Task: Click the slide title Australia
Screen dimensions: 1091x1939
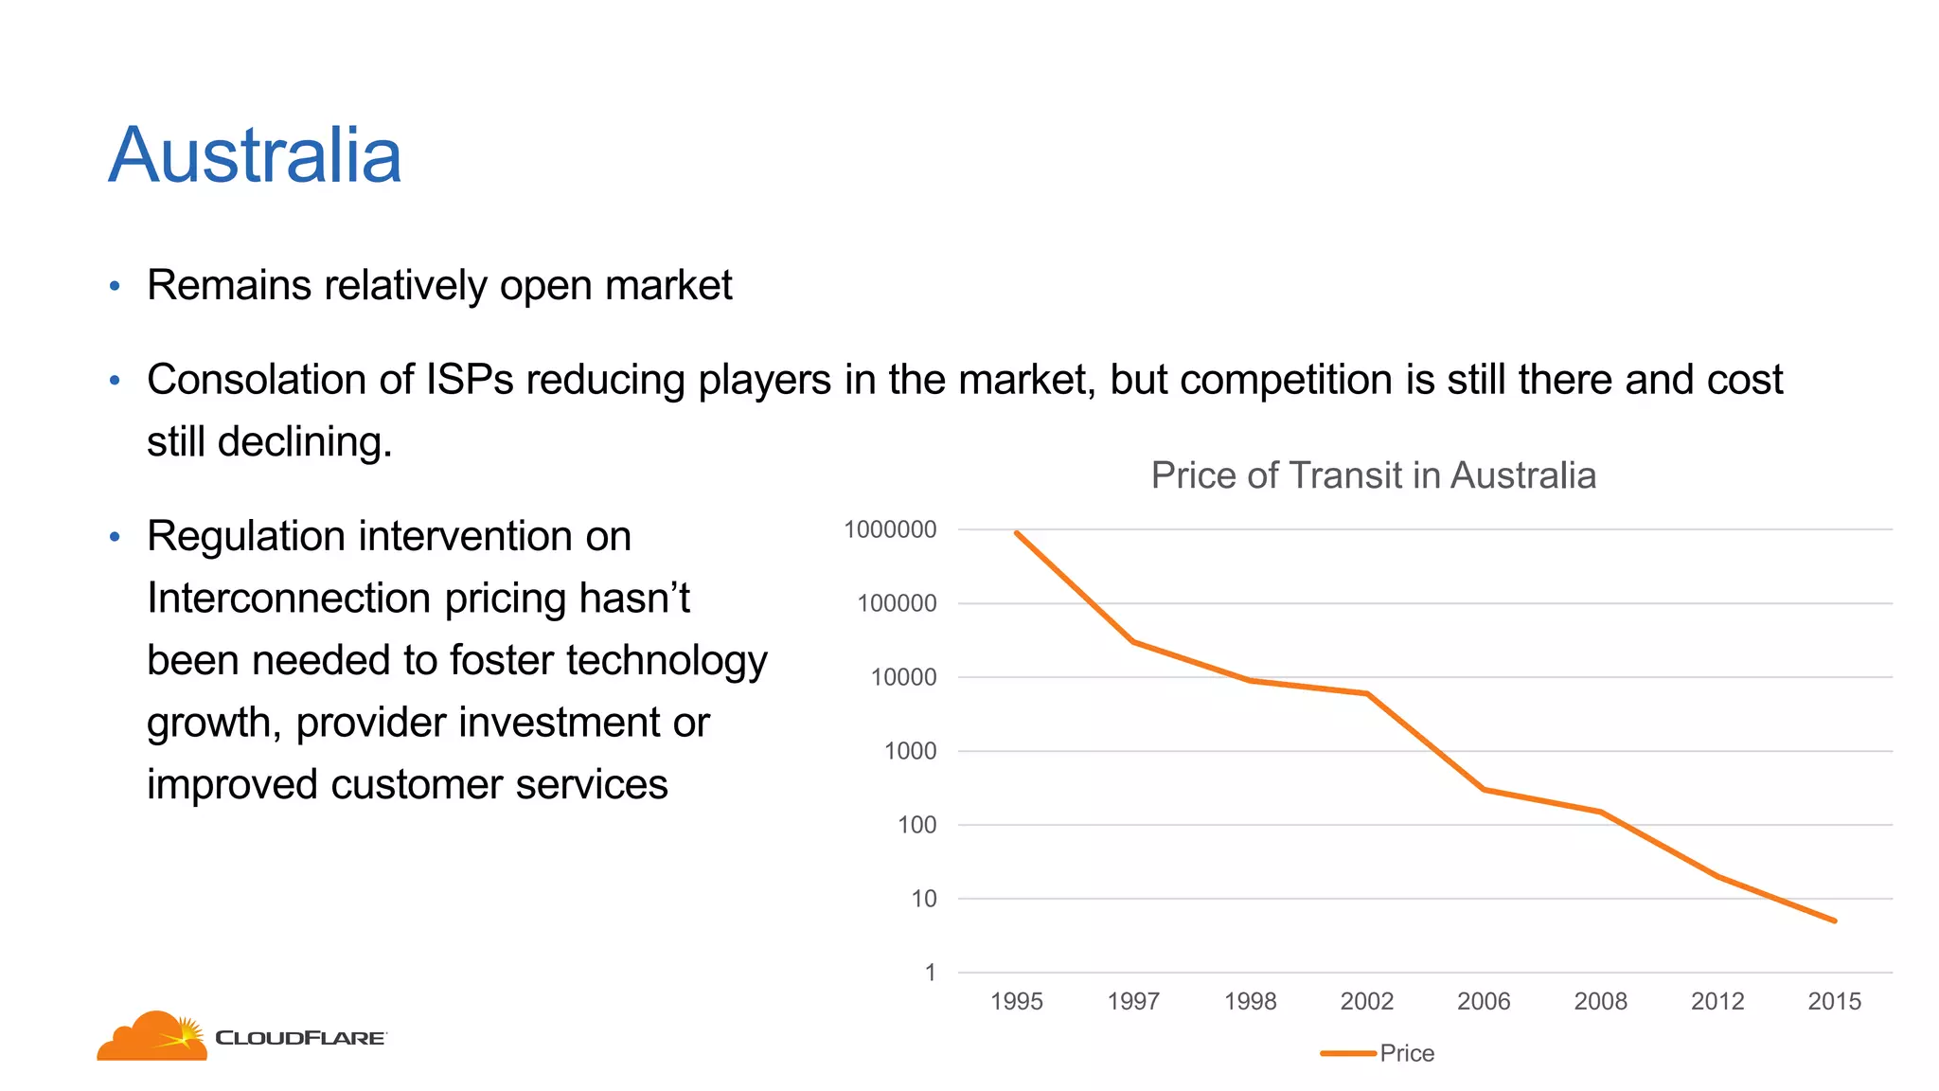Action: (x=255, y=156)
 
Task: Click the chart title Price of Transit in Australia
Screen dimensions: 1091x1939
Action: (x=1373, y=475)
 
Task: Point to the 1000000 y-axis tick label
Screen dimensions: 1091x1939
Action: (x=890, y=529)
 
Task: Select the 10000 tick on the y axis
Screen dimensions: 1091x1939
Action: (x=903, y=677)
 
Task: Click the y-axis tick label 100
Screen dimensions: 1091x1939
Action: (x=916, y=825)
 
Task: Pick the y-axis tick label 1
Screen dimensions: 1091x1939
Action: (x=930, y=973)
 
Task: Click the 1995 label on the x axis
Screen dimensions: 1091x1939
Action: (x=1016, y=1001)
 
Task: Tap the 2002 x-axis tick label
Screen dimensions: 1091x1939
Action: (x=1366, y=1001)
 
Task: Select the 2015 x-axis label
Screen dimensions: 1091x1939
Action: (x=1834, y=1001)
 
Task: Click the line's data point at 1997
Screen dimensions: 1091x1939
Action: (x=1133, y=642)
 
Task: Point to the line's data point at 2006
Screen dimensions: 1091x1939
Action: (x=1484, y=789)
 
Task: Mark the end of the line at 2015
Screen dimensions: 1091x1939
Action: (x=1834, y=921)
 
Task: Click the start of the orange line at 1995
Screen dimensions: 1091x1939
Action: (x=1017, y=533)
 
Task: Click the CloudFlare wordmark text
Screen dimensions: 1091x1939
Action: (x=300, y=1038)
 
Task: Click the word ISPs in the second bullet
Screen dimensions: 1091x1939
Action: (x=470, y=380)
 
